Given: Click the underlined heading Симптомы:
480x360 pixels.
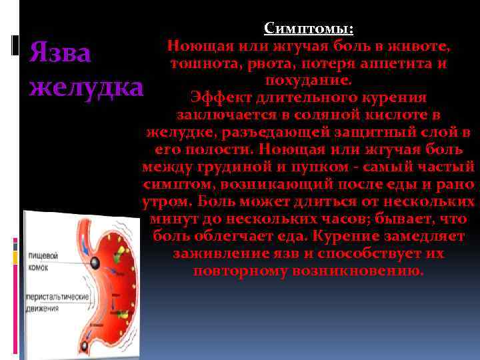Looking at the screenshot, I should point(309,29).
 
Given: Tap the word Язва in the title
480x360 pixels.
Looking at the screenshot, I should point(60,54).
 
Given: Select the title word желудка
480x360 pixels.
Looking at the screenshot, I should point(87,88).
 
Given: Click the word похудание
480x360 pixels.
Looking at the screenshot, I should point(308,81).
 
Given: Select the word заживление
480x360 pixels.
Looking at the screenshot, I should point(215,253).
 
